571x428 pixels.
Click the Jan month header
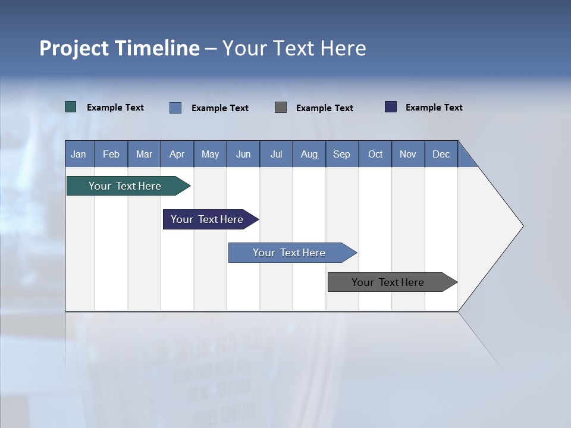79,154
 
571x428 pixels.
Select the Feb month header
111,154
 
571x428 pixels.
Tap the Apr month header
177,154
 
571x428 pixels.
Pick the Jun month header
243,154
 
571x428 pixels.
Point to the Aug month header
309,154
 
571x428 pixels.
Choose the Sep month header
341,154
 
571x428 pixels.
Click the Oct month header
375,154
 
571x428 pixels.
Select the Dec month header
441,154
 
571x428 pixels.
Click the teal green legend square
71,107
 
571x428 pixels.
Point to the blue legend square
175,108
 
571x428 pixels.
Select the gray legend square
281,108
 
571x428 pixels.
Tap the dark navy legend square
391,107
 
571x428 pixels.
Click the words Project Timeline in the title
120,48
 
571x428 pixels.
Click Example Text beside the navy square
434,107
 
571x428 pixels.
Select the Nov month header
408,154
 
